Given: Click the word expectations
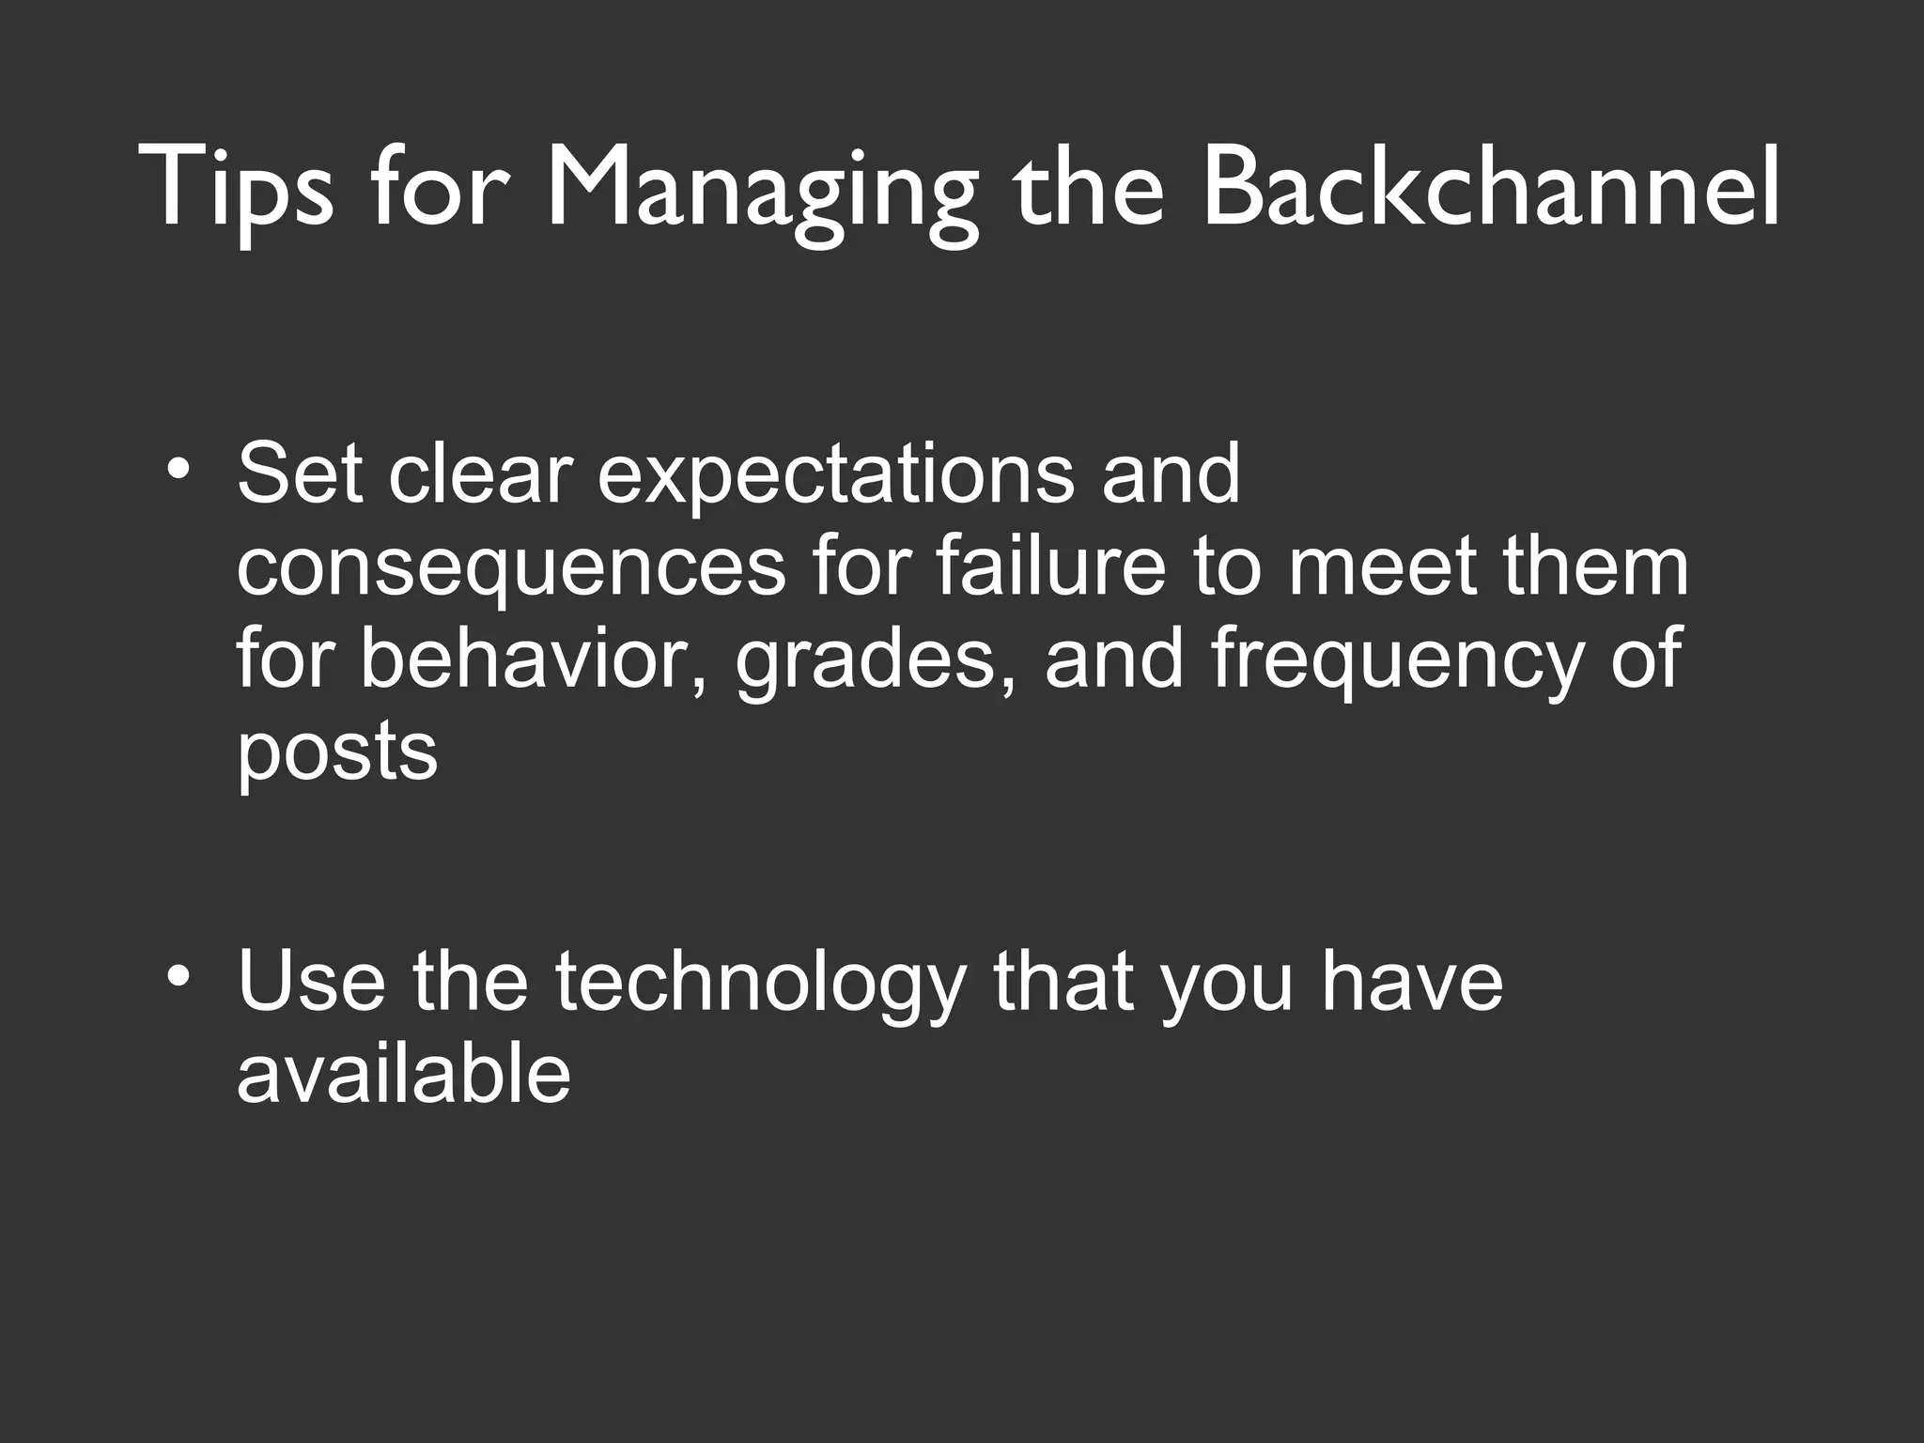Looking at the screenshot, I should coord(835,476).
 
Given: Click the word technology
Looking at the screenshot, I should coord(759,983).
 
